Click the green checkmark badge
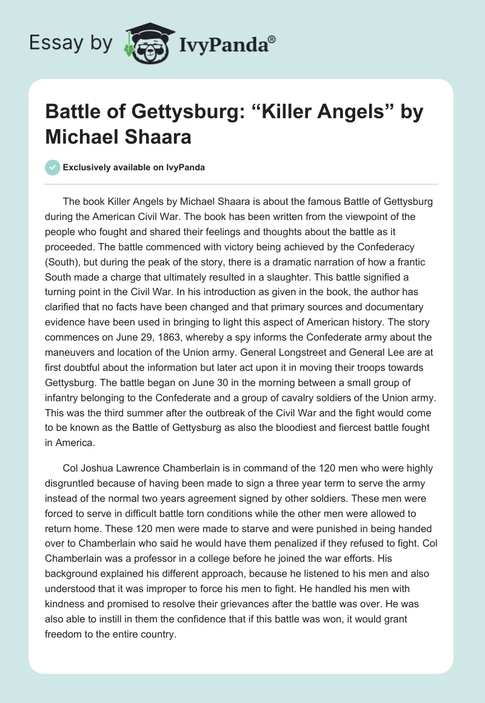(x=53, y=167)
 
